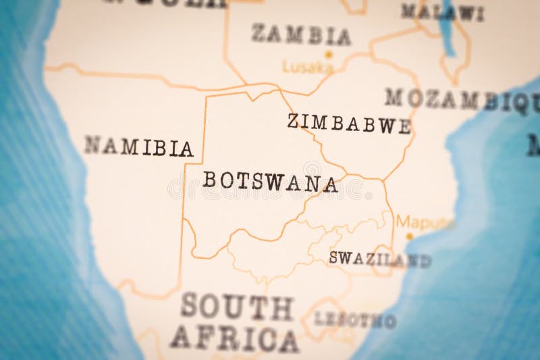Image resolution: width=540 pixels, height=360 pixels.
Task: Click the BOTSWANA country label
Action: [x=270, y=181]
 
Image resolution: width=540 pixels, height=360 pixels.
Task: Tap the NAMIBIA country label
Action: [x=138, y=146]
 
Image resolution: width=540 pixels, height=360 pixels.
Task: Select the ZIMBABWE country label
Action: [x=349, y=123]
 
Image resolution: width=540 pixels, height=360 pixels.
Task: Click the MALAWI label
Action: [x=442, y=11]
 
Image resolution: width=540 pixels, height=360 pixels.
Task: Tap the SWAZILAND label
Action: [x=379, y=258]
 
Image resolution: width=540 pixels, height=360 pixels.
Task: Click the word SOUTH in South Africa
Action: [x=236, y=307]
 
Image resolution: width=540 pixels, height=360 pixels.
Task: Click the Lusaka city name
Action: [x=308, y=68]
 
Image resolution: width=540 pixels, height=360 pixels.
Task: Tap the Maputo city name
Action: [x=424, y=222]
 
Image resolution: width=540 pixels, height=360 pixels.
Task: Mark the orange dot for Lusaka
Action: [x=329, y=54]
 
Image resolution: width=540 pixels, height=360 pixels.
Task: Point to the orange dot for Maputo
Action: [x=408, y=236]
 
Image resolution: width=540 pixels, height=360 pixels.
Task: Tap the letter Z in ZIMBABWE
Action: [x=293, y=121]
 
